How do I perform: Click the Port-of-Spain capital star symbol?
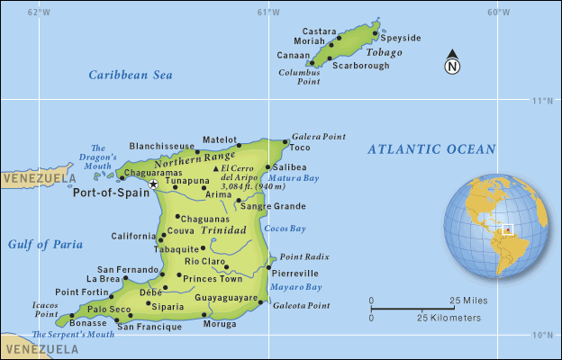[x=153, y=184]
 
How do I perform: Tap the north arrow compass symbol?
[x=453, y=64]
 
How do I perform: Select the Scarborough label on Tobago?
[x=361, y=66]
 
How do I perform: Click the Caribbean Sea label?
[x=130, y=76]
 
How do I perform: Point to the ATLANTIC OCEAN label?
[x=431, y=149]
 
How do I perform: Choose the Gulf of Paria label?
[x=45, y=244]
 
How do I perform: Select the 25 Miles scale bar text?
[x=468, y=300]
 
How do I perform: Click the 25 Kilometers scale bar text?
[x=449, y=318]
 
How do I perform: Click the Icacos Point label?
[x=46, y=309]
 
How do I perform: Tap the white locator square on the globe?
[x=507, y=229]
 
